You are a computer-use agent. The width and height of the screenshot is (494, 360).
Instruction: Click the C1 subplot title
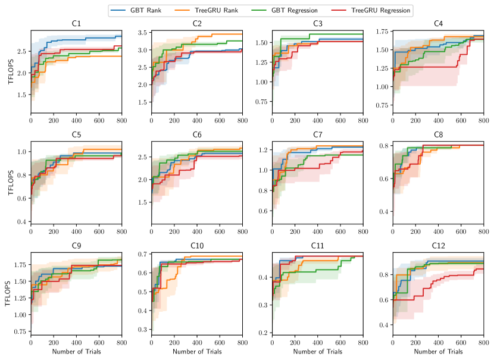coord(76,24)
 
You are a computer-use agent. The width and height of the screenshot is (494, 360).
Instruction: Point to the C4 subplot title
coord(438,24)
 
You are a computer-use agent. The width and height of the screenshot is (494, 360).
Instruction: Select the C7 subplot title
coord(317,135)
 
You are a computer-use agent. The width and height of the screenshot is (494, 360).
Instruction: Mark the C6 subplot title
coord(196,135)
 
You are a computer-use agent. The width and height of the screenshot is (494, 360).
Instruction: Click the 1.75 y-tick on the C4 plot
coord(381,32)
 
